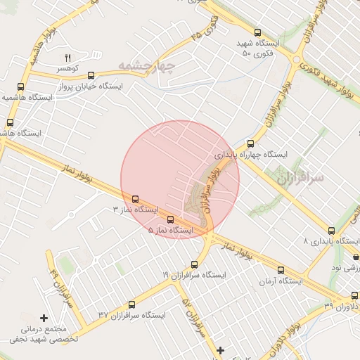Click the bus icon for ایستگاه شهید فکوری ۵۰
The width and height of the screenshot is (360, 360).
point(257,32)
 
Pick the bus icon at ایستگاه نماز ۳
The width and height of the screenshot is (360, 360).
point(135,200)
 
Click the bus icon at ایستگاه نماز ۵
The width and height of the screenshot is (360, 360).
point(169,219)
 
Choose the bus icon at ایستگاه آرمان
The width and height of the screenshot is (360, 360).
point(281,270)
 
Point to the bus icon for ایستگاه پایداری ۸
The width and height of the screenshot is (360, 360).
point(331,230)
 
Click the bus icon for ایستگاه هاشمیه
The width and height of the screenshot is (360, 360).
point(20,88)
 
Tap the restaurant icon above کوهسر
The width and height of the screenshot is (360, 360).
point(68,58)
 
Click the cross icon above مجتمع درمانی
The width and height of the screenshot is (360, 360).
point(44,318)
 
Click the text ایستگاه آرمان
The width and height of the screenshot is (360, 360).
point(281,281)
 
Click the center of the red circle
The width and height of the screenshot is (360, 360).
point(180,179)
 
